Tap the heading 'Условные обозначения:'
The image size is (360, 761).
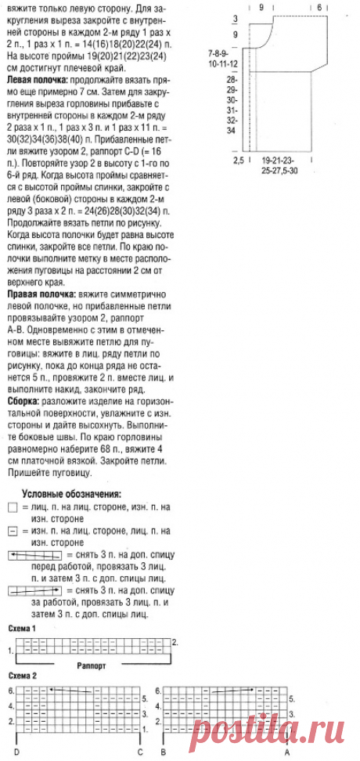(x=71, y=495)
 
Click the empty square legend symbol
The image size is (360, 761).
(x=12, y=508)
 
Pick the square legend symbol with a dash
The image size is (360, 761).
(x=12, y=531)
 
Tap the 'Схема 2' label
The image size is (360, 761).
(x=23, y=675)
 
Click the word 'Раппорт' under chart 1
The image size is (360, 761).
(x=92, y=664)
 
